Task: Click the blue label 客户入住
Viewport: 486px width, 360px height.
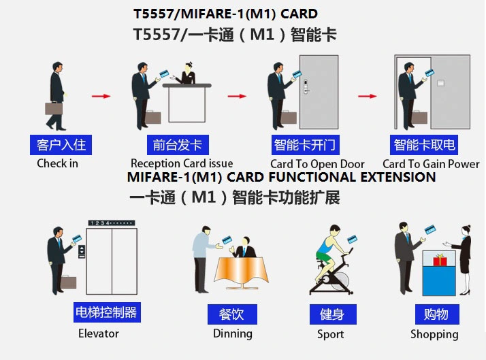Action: point(60,145)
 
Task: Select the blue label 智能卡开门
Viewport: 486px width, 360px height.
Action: point(304,145)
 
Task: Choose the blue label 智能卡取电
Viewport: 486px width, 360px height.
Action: point(424,145)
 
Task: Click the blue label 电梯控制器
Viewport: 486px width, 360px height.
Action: point(106,312)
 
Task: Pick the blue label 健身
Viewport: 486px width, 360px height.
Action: point(331,314)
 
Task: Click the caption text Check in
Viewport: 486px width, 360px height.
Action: point(57,163)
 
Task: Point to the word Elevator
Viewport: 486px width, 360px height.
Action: point(98,333)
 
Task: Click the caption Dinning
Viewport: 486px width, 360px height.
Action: point(232,333)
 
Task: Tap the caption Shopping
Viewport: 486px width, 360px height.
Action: point(434,334)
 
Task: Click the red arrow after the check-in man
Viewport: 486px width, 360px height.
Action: point(101,96)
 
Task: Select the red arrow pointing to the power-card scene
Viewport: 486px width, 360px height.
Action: point(368,96)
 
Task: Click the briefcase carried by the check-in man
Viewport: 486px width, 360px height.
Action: point(54,108)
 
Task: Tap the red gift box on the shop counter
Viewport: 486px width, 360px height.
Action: point(439,260)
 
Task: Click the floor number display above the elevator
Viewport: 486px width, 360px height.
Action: point(111,223)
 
